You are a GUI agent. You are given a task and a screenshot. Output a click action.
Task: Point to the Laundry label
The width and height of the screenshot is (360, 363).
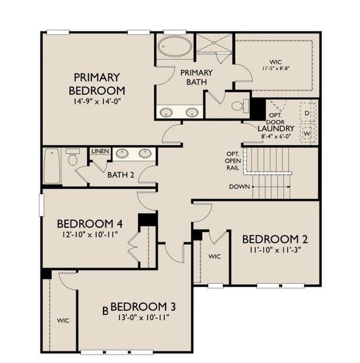pos(275,128)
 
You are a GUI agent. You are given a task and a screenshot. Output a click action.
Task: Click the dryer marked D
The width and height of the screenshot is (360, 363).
pos(307,113)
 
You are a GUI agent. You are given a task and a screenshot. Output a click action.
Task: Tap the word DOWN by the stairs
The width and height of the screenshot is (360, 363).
pos(239,186)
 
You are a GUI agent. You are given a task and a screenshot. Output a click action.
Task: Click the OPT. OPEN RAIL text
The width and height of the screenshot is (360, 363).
pos(232,160)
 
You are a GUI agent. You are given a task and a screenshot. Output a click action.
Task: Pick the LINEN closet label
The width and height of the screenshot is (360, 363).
pos(99,150)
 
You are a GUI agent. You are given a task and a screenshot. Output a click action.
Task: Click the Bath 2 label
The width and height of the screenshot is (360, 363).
pos(120,175)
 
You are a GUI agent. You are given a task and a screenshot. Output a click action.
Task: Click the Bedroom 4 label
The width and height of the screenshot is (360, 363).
pos(91,224)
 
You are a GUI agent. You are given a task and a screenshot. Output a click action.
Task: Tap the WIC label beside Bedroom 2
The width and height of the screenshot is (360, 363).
pos(214,257)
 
